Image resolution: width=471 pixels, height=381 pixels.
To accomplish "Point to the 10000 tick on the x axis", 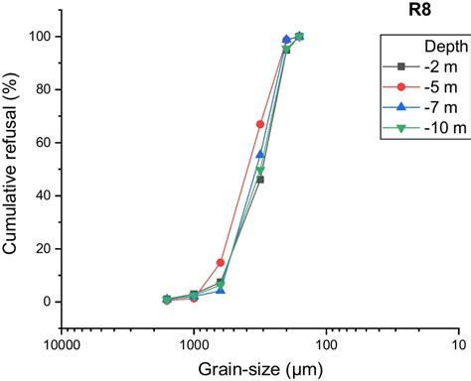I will tap(62, 344).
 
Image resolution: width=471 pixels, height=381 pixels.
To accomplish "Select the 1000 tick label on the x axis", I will tap(194, 344).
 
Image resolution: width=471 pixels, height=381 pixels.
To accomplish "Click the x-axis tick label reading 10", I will tap(458, 344).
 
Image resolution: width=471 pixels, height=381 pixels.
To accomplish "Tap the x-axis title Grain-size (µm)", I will tap(260, 368).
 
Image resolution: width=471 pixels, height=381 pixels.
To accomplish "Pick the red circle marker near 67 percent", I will tap(260, 124).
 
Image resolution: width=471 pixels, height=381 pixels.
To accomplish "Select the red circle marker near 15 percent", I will tap(221, 263).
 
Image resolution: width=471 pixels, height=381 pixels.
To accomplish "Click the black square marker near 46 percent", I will tap(260, 180).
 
